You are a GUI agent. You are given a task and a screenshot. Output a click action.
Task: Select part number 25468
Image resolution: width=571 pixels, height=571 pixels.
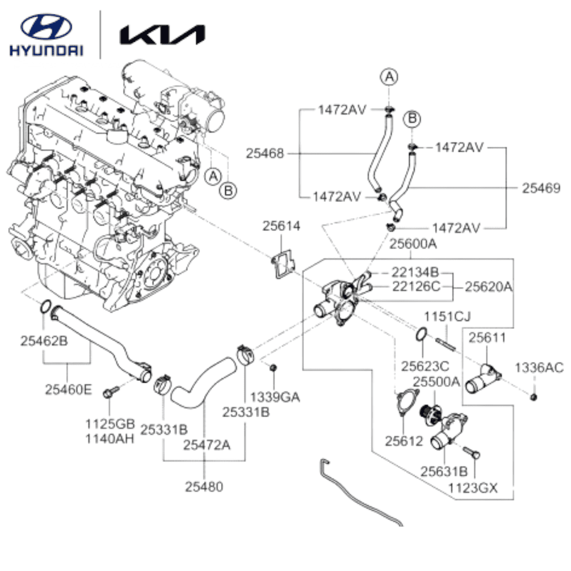(x=265, y=154)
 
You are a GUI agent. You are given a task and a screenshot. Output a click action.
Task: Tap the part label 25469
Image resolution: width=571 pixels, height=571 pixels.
(x=541, y=188)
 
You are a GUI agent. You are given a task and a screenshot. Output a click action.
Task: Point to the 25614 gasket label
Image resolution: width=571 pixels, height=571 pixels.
(x=281, y=226)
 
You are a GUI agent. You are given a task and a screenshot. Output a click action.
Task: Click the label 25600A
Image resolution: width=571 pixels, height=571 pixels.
(x=413, y=244)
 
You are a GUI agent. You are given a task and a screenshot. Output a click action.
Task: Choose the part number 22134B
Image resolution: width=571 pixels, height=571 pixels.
(x=416, y=272)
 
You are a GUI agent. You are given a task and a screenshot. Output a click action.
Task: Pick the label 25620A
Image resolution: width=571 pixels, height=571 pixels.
(x=489, y=287)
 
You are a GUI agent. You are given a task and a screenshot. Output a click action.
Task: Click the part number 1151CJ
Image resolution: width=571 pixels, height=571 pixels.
(x=447, y=317)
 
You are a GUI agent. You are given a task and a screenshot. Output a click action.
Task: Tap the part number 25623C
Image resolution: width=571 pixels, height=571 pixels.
(x=425, y=365)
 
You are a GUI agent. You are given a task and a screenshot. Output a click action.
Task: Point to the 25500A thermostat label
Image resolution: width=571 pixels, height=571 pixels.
(x=437, y=381)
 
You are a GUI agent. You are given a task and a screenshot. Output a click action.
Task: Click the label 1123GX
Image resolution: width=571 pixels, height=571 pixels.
(x=473, y=488)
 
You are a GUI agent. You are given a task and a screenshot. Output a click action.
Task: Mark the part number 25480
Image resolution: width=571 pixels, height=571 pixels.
(x=204, y=486)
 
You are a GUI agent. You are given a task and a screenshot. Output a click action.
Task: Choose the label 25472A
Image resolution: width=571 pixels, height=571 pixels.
(x=207, y=445)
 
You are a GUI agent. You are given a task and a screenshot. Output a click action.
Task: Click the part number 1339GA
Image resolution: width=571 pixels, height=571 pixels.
(x=275, y=397)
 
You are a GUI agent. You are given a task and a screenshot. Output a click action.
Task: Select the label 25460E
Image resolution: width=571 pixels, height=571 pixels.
(x=68, y=390)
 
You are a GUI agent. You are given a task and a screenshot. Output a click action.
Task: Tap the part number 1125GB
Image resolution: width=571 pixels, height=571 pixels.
(x=110, y=424)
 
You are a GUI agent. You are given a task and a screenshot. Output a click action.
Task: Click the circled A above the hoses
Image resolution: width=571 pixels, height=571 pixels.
(x=390, y=77)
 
